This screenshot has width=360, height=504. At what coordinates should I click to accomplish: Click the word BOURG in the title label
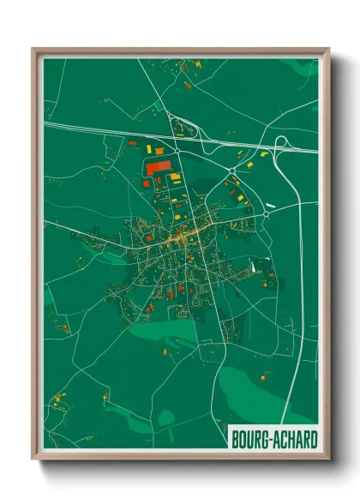tap(248, 438)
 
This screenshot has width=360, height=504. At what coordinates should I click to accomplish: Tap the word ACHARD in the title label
tap(292, 438)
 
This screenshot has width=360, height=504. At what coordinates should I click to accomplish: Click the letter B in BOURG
tap(236, 438)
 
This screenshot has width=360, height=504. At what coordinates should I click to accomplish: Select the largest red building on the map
tap(157, 168)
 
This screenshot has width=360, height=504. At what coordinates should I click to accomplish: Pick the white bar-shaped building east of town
tap(275, 204)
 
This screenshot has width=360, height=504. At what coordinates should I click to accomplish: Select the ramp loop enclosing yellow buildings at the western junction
tap(183, 128)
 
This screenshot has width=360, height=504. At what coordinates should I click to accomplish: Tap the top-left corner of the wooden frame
tap(34, 50)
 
